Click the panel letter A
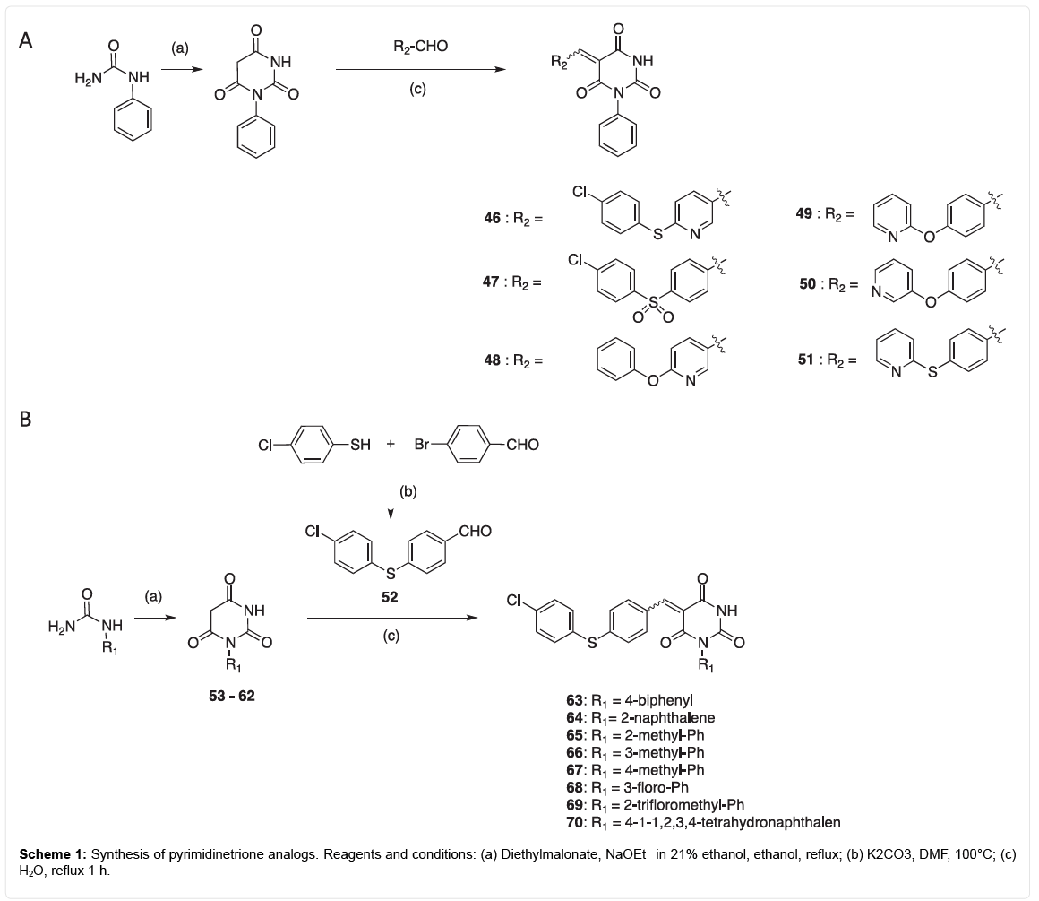coord(28,42)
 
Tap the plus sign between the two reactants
coord(391,444)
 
